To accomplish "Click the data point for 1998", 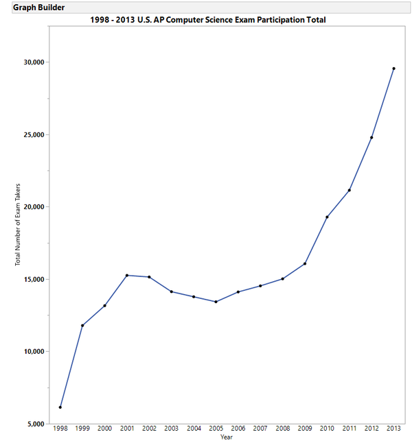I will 60,407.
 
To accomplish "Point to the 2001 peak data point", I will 127,275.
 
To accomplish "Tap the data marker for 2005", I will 216,302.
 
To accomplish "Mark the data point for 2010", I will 327,217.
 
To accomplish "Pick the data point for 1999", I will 82,325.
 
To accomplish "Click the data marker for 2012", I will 371,137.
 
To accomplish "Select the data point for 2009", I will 305,263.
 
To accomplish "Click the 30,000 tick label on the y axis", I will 34,62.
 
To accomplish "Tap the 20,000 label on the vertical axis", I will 34,207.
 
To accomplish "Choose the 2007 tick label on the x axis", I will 260,429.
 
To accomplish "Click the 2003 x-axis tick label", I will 172,429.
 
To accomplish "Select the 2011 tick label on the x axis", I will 350,429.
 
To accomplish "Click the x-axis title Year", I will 227,437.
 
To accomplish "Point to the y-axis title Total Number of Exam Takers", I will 19,225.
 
